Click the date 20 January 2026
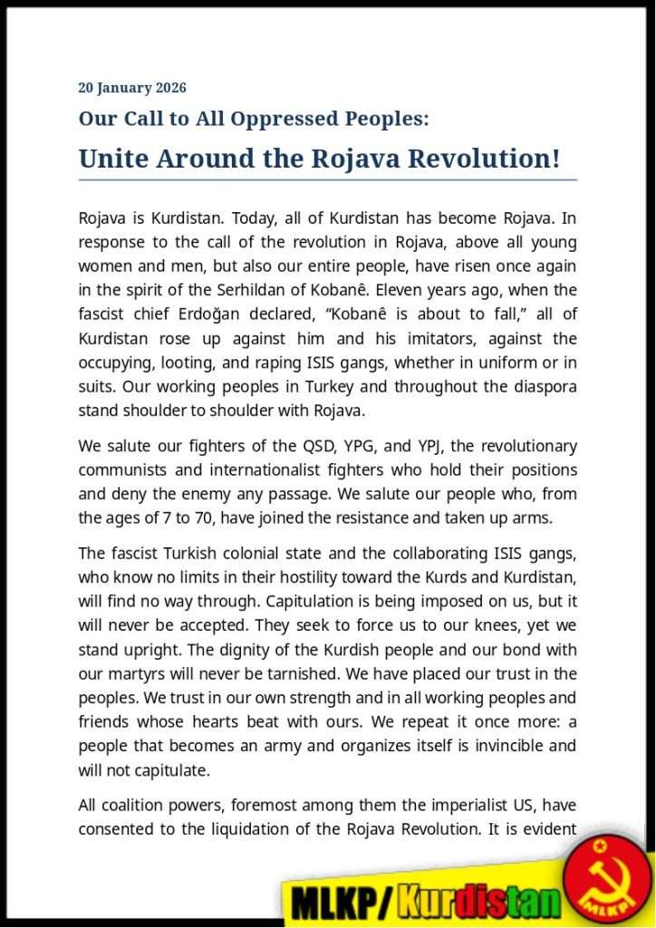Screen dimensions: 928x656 (x=132, y=88)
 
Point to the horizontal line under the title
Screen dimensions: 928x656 (x=327, y=180)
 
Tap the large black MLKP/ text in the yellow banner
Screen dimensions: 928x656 (x=343, y=902)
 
